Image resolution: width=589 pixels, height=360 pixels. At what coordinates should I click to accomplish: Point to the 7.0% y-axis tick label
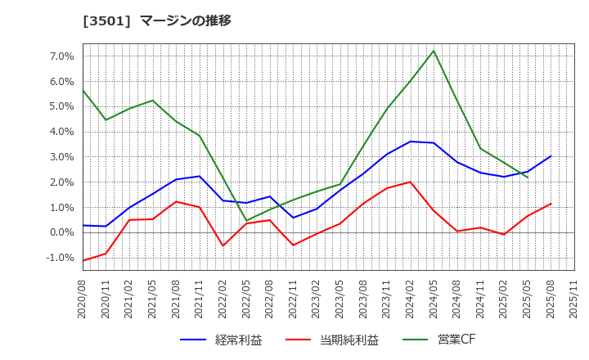(x=62, y=56)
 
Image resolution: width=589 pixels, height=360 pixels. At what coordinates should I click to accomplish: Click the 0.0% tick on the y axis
(x=62, y=232)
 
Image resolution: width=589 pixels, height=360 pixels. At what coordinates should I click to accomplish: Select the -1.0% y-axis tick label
(x=61, y=258)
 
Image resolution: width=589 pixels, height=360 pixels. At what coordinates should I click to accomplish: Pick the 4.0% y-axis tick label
(x=62, y=132)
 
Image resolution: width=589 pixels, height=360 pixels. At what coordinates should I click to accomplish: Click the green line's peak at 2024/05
(x=434, y=51)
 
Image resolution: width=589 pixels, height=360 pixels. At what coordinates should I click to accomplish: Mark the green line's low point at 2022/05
(x=246, y=221)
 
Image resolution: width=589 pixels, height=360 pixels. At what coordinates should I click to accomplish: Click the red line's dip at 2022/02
(x=223, y=245)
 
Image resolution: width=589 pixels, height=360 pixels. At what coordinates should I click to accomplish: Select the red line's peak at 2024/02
(x=410, y=182)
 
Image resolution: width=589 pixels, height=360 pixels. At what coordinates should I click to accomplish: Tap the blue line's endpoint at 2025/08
(x=551, y=155)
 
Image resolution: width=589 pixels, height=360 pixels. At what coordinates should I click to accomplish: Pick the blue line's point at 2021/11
(x=200, y=176)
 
